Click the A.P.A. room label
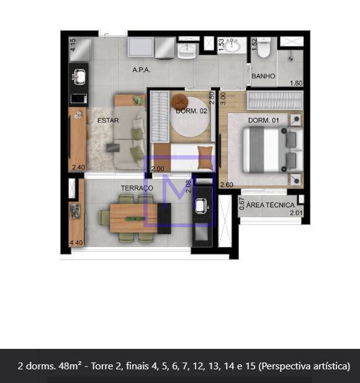click(142, 70)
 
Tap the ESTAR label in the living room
click(108, 120)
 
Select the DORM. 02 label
click(191, 111)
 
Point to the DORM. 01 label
click(263, 120)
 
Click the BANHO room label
click(263, 76)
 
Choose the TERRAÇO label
click(137, 188)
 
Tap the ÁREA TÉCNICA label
click(270, 205)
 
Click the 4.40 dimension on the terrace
click(76, 243)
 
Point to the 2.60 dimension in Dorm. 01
click(227, 185)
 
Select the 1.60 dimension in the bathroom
click(296, 83)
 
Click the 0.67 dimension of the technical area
click(242, 204)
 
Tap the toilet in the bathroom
click(264, 47)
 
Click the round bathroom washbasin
click(233, 45)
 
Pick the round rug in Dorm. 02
click(190, 117)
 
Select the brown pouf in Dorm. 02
click(180, 101)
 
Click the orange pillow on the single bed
click(205, 158)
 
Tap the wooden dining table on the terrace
click(134, 218)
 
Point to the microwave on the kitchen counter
click(79, 99)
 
